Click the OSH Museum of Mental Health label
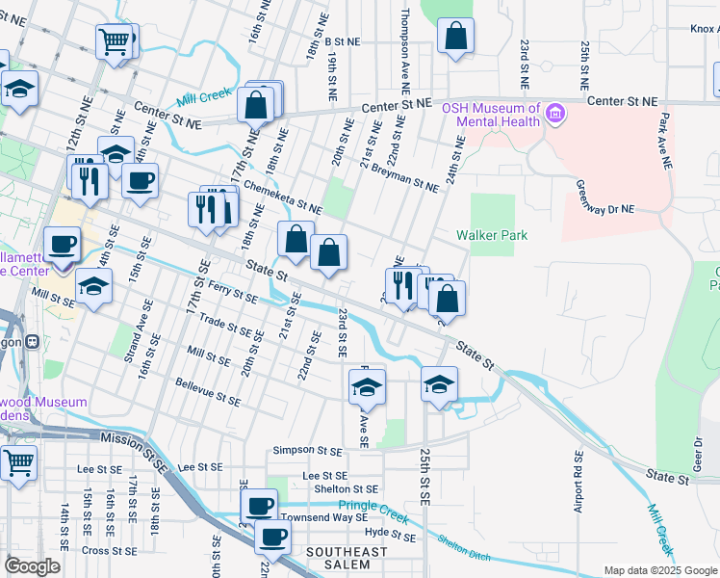[x=490, y=115]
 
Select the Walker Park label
[x=492, y=235]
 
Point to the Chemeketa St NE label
[x=282, y=195]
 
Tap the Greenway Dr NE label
[x=606, y=198]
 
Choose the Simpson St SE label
[x=307, y=450]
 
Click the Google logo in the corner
[x=33, y=566]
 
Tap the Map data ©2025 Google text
[x=659, y=570]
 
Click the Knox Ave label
[x=704, y=30]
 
